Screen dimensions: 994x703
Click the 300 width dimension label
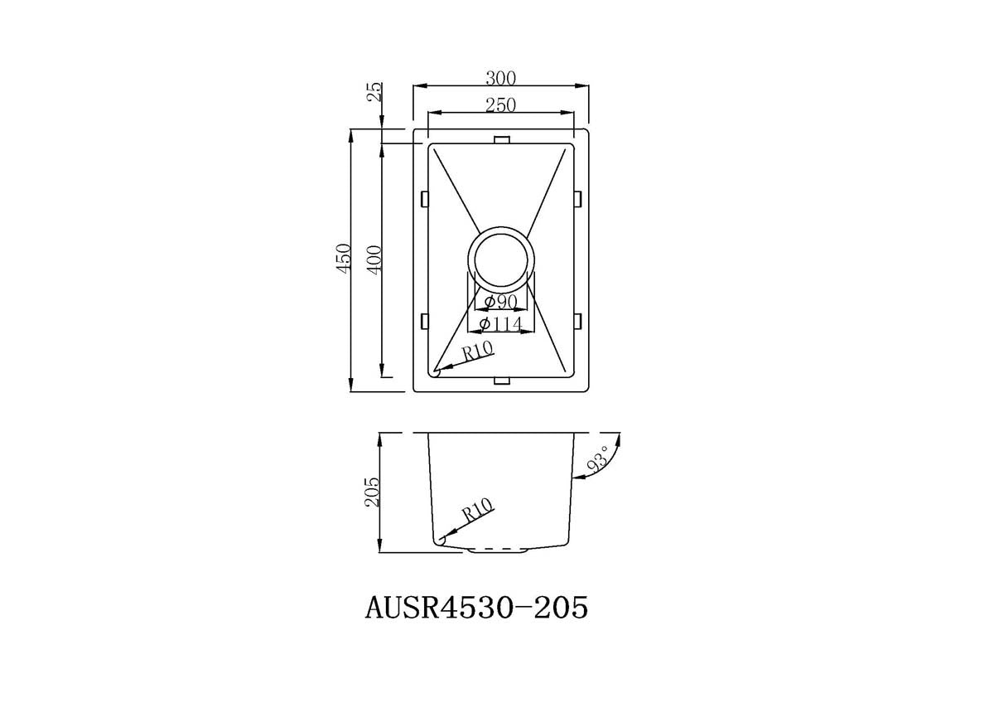tap(500, 79)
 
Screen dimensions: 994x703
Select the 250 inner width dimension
tap(500, 105)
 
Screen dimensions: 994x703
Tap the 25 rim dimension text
tap(375, 92)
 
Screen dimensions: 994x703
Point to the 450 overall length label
tap(344, 259)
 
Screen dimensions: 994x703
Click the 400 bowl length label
tap(374, 259)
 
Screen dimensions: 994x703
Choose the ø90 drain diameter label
tap(501, 302)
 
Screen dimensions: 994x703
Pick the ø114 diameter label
tap(501, 324)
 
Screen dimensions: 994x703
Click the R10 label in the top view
tap(477, 351)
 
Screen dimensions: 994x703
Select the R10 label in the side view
tap(477, 511)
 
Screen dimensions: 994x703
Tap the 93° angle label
tap(597, 459)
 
